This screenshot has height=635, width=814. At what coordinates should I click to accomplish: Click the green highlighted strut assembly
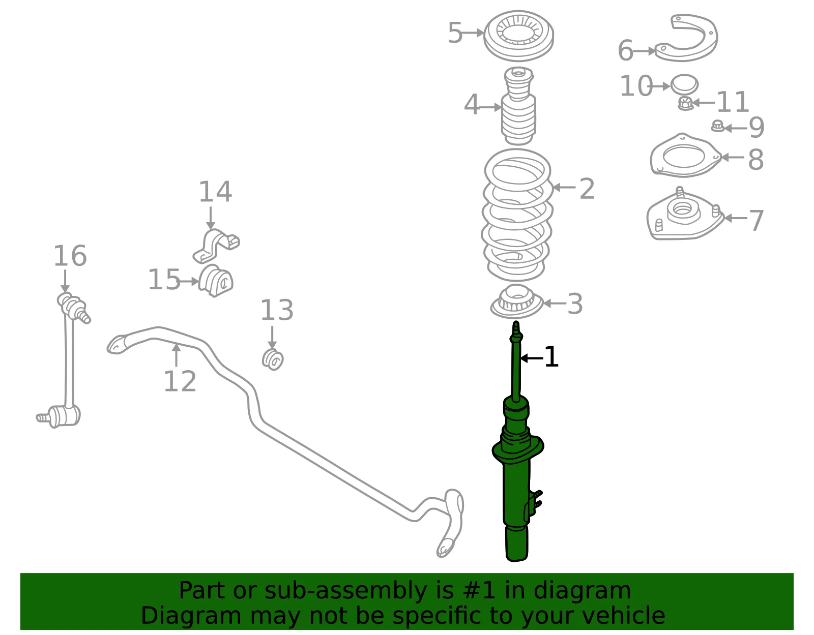pos(516,468)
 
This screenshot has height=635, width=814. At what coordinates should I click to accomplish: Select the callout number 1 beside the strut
pos(551,357)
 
